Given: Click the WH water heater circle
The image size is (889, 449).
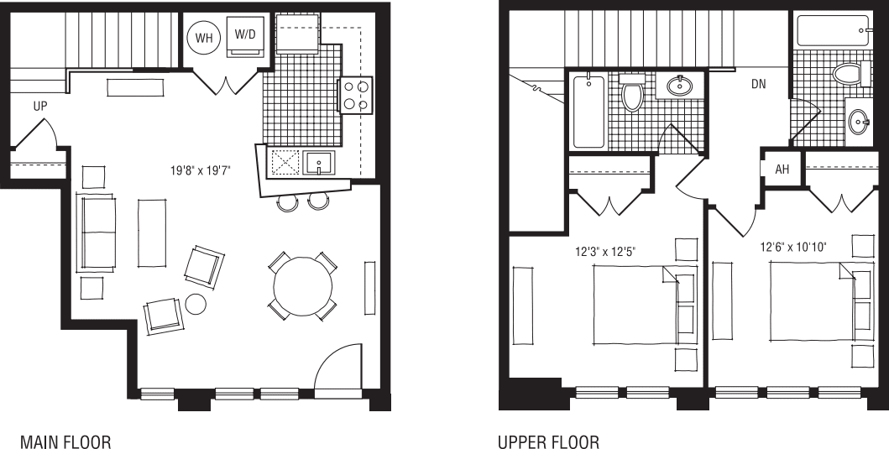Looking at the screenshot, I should [204, 38].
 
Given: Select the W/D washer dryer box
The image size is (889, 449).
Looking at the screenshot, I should [245, 39].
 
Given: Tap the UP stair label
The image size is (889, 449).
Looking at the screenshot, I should [39, 107].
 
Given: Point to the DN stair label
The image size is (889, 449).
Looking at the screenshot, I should [758, 85].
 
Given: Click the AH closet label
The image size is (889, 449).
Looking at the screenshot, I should [782, 170].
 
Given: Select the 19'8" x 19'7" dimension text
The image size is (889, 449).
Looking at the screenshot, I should [200, 170].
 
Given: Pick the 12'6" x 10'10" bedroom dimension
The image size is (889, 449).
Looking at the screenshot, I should [793, 248].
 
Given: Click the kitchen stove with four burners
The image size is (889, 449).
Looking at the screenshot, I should [355, 95].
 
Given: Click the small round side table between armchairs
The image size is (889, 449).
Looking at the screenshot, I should [196, 304].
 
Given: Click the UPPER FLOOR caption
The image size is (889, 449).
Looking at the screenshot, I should [549, 441].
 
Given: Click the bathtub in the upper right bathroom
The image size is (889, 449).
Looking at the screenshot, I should [832, 34].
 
